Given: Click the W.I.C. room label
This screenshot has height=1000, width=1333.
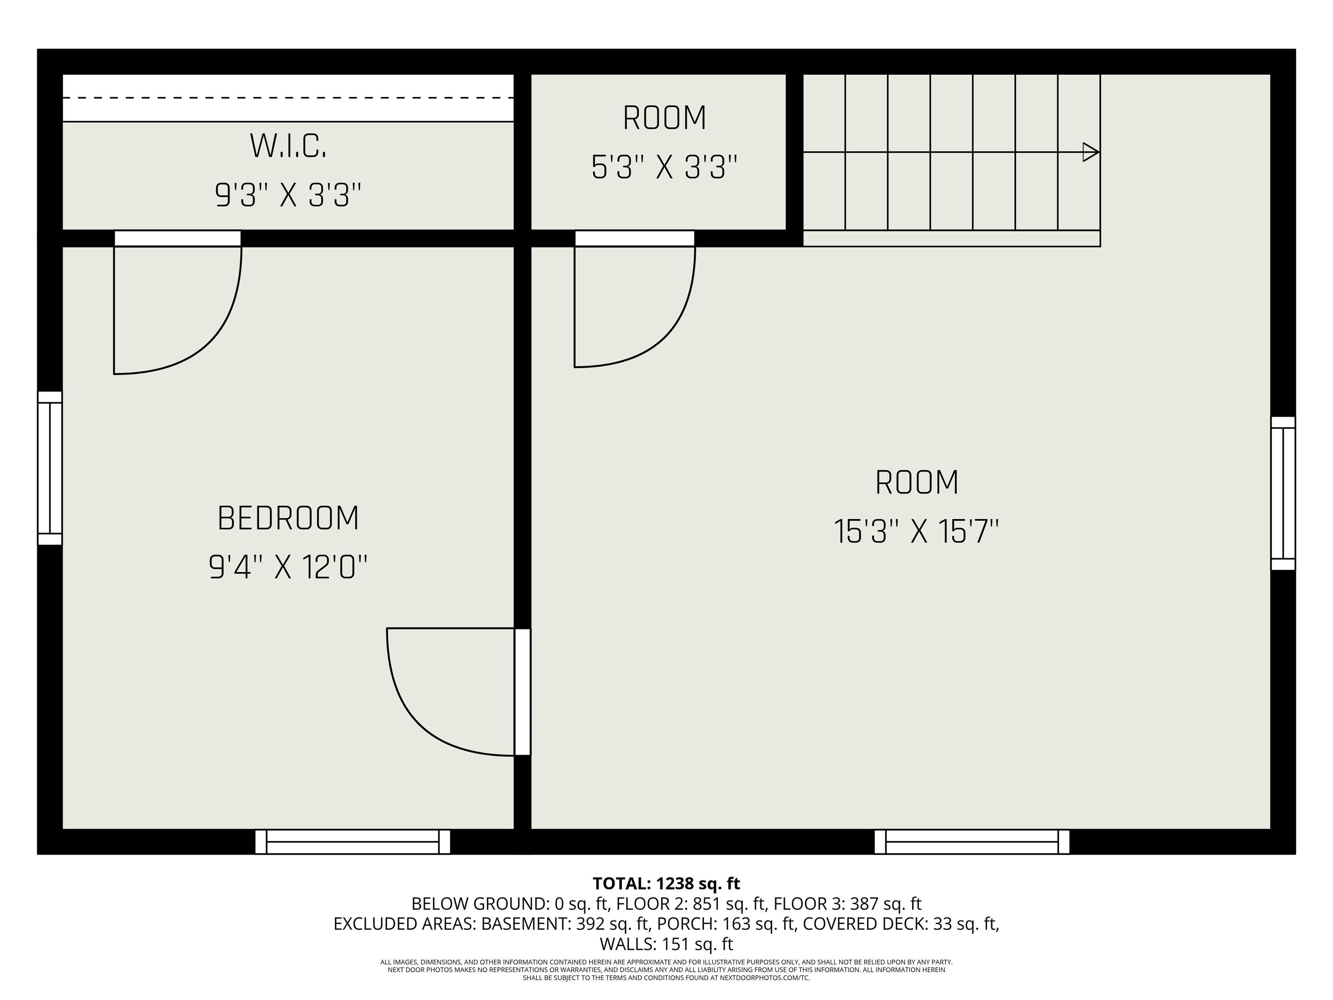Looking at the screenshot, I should pos(288,146).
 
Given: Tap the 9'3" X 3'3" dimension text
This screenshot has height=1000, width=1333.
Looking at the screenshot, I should pos(288,195).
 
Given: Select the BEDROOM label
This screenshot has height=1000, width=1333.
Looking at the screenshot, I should pos(288,518).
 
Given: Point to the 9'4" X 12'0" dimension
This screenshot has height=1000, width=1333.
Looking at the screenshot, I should pos(288,567).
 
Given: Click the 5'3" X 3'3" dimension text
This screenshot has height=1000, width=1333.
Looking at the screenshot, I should pos(664,167).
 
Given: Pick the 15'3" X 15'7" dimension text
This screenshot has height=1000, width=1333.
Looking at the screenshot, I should pos(916,532).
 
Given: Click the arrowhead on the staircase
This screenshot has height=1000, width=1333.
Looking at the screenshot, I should pos(1090,152).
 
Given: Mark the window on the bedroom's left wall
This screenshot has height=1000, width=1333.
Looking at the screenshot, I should pos(50,468).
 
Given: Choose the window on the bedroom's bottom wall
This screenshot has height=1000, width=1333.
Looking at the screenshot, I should pos(352,842).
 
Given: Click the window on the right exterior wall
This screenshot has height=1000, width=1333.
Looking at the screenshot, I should pos(1283,493).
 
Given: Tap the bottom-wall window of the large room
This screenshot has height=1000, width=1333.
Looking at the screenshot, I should pos(972,842).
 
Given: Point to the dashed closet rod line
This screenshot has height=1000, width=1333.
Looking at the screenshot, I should pos(288,98).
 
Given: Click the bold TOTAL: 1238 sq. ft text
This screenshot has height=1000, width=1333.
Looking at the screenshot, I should pos(666,884).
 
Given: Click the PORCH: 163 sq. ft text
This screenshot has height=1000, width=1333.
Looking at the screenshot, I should pos(726,924).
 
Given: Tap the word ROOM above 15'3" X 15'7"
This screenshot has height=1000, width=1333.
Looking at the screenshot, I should pos(916,482).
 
